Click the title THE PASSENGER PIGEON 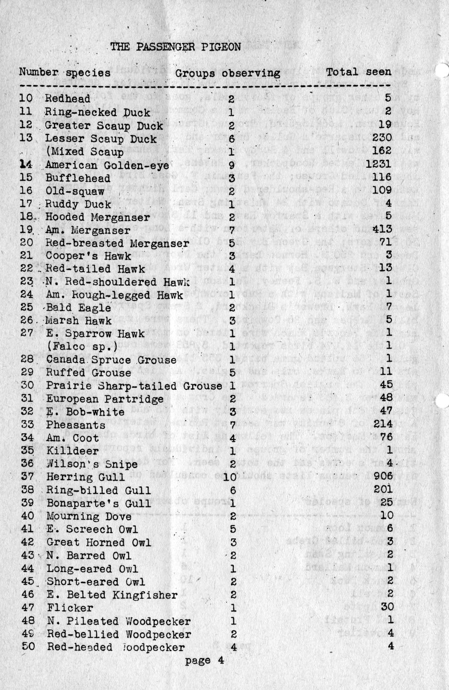point(175,47)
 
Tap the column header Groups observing point(227,73)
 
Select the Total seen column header point(358,72)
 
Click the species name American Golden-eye point(107,164)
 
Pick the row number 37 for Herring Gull point(27,477)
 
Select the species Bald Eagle point(79,307)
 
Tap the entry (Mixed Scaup point(84,151)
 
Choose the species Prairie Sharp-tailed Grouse point(134,386)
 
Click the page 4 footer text point(204,660)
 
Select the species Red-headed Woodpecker point(116,647)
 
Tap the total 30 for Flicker point(387,607)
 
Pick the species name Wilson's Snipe point(92,464)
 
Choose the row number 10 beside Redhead point(26,98)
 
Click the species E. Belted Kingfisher point(112,595)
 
